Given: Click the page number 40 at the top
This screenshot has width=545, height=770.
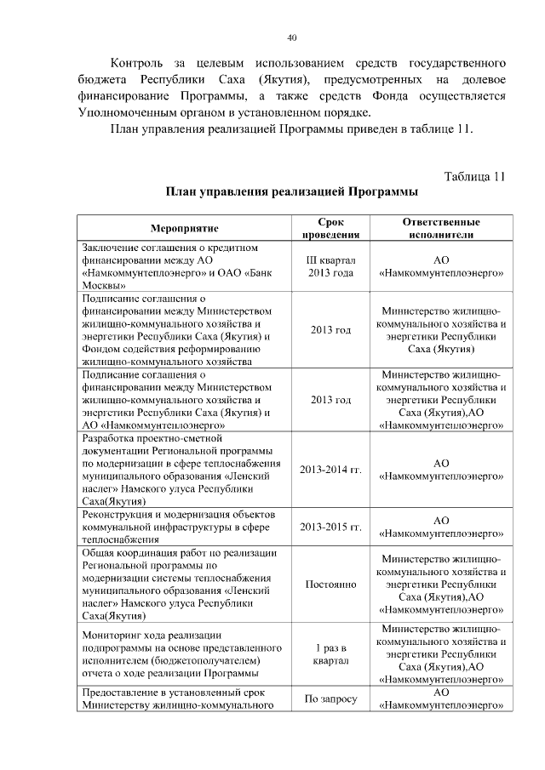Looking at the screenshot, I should coord(292,37).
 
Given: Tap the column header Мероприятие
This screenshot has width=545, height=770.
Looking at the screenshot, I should coord(185,228).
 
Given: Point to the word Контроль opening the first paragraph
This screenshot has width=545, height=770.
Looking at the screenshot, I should coord(143,64).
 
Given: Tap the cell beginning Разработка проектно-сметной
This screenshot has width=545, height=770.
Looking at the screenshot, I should coord(185,470).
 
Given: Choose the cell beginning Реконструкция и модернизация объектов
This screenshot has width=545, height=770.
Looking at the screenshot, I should coord(185,527).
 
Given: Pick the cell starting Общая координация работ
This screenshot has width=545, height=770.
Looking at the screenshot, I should coord(185,585).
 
